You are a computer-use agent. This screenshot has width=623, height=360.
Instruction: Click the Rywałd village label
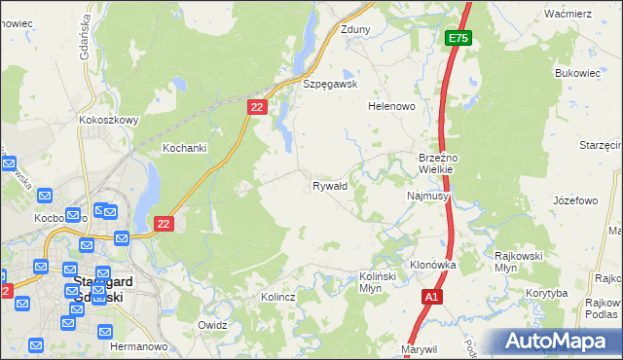click(329, 185)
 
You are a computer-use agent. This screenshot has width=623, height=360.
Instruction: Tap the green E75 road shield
click(459, 38)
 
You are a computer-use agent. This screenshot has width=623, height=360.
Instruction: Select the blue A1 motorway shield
click(432, 295)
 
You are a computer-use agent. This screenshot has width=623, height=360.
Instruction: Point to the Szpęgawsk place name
click(331, 85)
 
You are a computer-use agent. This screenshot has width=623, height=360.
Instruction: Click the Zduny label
click(354, 29)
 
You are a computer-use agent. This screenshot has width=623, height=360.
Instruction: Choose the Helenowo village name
click(391, 106)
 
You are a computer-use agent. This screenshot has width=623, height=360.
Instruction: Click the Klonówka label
click(433, 265)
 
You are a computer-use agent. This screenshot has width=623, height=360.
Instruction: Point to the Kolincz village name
click(277, 296)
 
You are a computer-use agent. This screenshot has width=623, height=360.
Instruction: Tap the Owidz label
click(212, 325)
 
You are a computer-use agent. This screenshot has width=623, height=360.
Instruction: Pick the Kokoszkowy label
click(109, 121)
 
